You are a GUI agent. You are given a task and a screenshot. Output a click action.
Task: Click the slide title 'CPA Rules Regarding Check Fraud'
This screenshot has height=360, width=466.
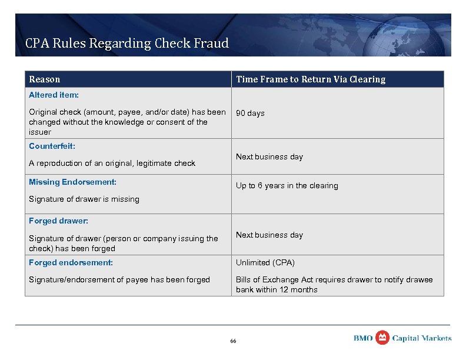(127, 43)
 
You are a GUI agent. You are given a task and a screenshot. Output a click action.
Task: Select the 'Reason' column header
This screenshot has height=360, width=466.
(45, 79)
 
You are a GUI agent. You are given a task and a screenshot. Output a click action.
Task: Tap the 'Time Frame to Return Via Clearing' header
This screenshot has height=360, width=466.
(311, 79)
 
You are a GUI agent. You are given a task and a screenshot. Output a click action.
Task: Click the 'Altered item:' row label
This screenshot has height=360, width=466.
(54, 95)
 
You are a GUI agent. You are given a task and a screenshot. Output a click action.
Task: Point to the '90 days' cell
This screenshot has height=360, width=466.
(250, 113)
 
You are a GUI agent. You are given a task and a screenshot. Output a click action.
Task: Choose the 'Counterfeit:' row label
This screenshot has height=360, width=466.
(52, 145)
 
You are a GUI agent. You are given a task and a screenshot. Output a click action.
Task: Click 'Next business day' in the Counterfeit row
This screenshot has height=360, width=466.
(269, 156)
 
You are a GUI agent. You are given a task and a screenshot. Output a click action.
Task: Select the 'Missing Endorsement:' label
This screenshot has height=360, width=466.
(73, 182)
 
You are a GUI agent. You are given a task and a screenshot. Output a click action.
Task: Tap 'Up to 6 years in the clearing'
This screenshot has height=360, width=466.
(287, 185)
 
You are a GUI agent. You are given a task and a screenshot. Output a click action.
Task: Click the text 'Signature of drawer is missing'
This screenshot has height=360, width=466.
(84, 199)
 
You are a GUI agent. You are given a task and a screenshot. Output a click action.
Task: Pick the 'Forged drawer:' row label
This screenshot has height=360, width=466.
(59, 221)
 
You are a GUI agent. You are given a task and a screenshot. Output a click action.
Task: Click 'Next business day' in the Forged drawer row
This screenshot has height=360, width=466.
(269, 235)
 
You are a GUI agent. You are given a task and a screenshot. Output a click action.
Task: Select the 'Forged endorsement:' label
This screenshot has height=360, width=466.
(71, 262)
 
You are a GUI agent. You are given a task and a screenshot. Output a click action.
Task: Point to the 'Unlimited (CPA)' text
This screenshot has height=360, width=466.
(265, 262)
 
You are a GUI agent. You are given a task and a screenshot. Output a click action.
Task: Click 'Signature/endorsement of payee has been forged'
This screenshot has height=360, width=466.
(119, 279)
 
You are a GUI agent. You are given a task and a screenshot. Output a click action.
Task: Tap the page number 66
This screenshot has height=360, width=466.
(233, 341)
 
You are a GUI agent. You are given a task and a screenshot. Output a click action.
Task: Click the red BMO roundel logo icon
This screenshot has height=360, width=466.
(382, 337)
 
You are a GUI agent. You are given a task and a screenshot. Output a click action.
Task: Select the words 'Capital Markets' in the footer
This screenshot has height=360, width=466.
(422, 338)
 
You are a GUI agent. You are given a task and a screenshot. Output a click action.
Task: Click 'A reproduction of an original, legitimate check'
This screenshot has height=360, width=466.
(112, 163)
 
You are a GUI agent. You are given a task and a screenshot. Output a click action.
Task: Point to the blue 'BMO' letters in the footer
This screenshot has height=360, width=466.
(363, 338)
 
